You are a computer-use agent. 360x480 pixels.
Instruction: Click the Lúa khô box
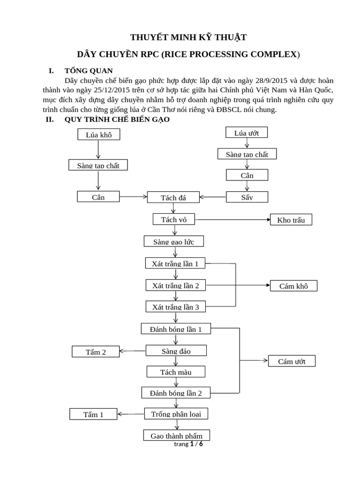point(98,135)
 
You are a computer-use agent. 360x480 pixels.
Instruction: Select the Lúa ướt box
point(247,133)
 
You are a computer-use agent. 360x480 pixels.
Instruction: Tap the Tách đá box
point(173,197)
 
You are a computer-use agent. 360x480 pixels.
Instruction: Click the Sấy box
point(247,197)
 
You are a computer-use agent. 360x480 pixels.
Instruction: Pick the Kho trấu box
point(291,220)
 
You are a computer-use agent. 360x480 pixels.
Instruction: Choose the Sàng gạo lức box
point(173,241)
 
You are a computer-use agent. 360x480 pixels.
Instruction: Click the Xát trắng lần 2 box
point(176,285)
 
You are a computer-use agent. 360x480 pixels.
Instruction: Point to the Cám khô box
point(293,286)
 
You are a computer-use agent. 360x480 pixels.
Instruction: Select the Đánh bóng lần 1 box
point(176,329)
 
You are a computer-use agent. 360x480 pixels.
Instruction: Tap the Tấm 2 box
point(96,352)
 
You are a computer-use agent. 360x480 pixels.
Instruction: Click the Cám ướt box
point(292,361)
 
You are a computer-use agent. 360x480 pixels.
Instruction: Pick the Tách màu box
point(176,372)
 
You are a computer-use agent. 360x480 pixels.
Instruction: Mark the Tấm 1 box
point(93,414)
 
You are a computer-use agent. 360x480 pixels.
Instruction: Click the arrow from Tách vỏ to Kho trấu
point(232,219)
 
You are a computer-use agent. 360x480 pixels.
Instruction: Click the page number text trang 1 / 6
point(188,444)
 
